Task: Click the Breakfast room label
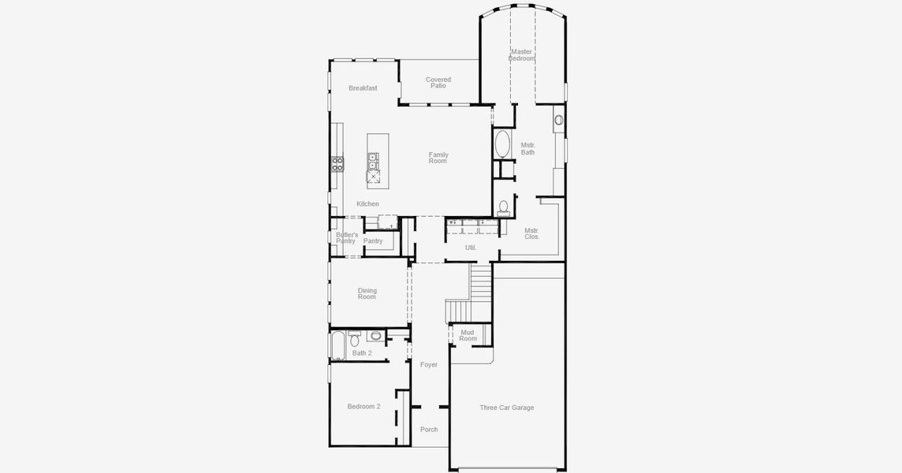coord(363,88)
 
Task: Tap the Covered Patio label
coord(438,83)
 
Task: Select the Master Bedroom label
coord(521,55)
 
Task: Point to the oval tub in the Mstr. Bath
coord(502,145)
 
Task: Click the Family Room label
coord(438,158)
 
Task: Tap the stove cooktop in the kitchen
coord(337,164)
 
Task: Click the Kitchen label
coord(367,204)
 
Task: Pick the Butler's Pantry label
coord(346,238)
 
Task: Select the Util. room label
coord(471,248)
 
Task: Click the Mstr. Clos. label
coord(532,233)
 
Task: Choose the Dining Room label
coord(367,294)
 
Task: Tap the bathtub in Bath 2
coord(337,345)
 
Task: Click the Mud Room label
coord(468,336)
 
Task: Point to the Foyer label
coord(429,365)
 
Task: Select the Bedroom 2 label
coord(363,407)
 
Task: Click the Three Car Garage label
coord(507,408)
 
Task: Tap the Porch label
coord(429,430)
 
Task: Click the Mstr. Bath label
coord(527,149)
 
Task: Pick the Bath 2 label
coord(362,353)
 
